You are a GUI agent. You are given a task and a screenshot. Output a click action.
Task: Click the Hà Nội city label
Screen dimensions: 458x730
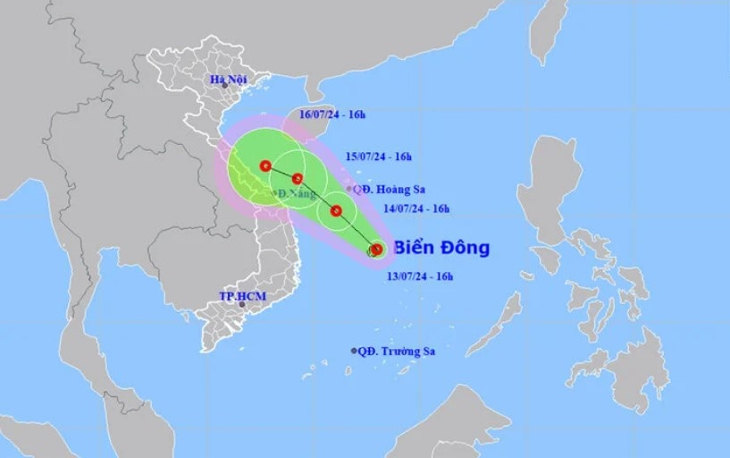click(227, 80)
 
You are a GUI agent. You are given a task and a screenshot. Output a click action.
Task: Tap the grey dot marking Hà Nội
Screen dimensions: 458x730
click(224, 86)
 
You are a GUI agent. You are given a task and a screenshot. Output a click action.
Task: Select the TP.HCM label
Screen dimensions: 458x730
click(243, 296)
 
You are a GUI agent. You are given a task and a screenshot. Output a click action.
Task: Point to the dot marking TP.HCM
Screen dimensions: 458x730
click(242, 304)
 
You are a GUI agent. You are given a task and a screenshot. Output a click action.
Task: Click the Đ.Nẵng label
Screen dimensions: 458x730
click(296, 194)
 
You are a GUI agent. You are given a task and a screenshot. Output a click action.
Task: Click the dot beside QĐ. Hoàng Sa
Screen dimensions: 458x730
click(348, 189)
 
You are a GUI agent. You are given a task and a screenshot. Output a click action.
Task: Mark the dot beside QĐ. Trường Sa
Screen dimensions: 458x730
click(355, 351)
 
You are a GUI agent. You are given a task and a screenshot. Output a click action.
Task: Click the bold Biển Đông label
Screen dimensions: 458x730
click(441, 248)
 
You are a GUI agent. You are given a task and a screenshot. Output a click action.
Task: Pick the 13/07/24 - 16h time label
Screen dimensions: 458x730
click(421, 278)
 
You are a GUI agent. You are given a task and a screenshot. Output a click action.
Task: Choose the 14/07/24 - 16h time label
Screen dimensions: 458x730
click(417, 208)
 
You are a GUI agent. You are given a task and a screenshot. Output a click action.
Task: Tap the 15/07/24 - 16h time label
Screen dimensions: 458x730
click(380, 157)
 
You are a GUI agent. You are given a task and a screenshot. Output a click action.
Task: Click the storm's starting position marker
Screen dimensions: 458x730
click(376, 250)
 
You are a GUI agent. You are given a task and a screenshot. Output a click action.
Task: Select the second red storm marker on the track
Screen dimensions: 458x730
click(336, 211)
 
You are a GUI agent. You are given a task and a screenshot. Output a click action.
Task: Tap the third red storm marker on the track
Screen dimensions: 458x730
click(298, 178)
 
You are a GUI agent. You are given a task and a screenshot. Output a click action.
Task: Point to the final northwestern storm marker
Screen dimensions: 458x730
click(265, 165)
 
